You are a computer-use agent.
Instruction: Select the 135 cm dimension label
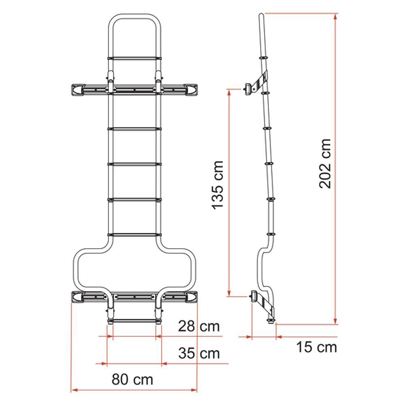218,184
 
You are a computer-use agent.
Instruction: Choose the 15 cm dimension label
317,347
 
